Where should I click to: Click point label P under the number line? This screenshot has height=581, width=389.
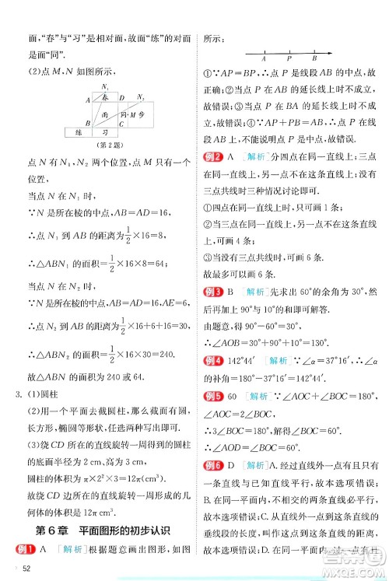(x=289, y=60)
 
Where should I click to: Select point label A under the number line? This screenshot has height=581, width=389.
(x=264, y=60)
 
